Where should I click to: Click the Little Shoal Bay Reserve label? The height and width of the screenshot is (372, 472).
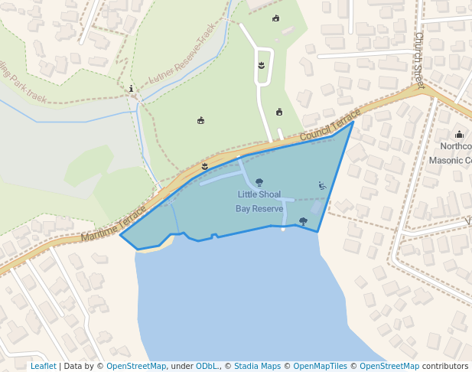pyautogui.click(x=259, y=201)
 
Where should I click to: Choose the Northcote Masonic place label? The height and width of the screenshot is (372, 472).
pyautogui.click(x=455, y=153)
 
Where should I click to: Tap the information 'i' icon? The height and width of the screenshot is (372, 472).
pyautogui.click(x=132, y=89)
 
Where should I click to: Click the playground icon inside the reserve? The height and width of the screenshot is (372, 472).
pyautogui.click(x=322, y=185)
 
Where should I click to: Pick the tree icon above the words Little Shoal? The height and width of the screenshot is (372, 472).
pyautogui.click(x=259, y=182)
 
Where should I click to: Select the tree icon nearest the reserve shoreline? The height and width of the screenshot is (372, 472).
pyautogui.click(x=303, y=221)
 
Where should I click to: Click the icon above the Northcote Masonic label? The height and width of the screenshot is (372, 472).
pyautogui.click(x=459, y=135)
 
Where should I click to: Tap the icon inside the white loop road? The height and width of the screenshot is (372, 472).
pyautogui.click(x=262, y=65)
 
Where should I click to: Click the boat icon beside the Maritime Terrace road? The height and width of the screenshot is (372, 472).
pyautogui.click(x=204, y=166)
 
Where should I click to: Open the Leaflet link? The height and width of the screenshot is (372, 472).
pyautogui.click(x=43, y=367)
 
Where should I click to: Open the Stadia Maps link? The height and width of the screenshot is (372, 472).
pyautogui.click(x=257, y=367)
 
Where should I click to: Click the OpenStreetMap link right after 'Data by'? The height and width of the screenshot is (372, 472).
pyautogui.click(x=136, y=367)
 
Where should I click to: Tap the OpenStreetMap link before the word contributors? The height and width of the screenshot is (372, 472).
pyautogui.click(x=389, y=367)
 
